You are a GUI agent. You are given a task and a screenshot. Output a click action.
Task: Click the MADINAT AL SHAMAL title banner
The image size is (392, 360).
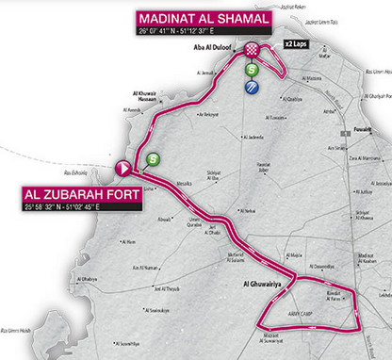tap(204, 19)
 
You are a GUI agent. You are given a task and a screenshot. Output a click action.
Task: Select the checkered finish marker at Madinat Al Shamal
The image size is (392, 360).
tap(252, 50)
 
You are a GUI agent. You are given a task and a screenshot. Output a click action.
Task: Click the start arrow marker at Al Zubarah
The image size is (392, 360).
tap(123, 168)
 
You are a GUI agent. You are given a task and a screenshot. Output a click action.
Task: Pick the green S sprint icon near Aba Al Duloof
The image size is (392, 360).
tap(252, 70)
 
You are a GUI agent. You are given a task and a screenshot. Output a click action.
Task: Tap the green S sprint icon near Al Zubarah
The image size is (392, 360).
tap(152, 161)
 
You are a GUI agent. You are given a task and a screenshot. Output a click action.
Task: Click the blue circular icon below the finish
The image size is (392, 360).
tap(252, 88)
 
